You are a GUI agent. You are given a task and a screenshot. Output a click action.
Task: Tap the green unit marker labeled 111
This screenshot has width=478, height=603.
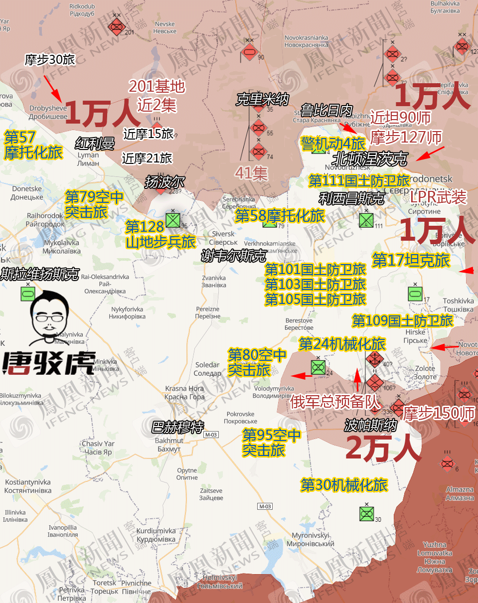click(366, 220)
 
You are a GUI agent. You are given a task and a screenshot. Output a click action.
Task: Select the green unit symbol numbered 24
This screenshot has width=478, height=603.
click(318, 367)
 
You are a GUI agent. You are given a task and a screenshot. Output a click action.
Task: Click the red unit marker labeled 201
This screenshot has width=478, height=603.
click(117, 26)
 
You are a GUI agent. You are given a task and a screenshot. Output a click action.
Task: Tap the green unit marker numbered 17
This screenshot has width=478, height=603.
click(415, 294)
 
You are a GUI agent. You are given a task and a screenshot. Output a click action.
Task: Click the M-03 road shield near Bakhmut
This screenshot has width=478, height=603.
click(211, 435)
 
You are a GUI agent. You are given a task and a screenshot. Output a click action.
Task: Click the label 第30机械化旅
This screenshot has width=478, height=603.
click(344, 484)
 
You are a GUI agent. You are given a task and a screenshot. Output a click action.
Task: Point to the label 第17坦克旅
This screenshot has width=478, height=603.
click(411, 260)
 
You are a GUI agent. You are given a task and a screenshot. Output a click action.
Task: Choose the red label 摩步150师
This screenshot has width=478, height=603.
click(439, 413)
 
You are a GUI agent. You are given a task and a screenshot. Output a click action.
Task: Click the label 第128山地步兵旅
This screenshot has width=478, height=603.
click(159, 235)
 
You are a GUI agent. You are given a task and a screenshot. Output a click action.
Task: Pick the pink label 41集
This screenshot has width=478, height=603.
click(252, 173)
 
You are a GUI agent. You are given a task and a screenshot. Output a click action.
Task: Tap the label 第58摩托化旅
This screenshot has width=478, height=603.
click(280, 216)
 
